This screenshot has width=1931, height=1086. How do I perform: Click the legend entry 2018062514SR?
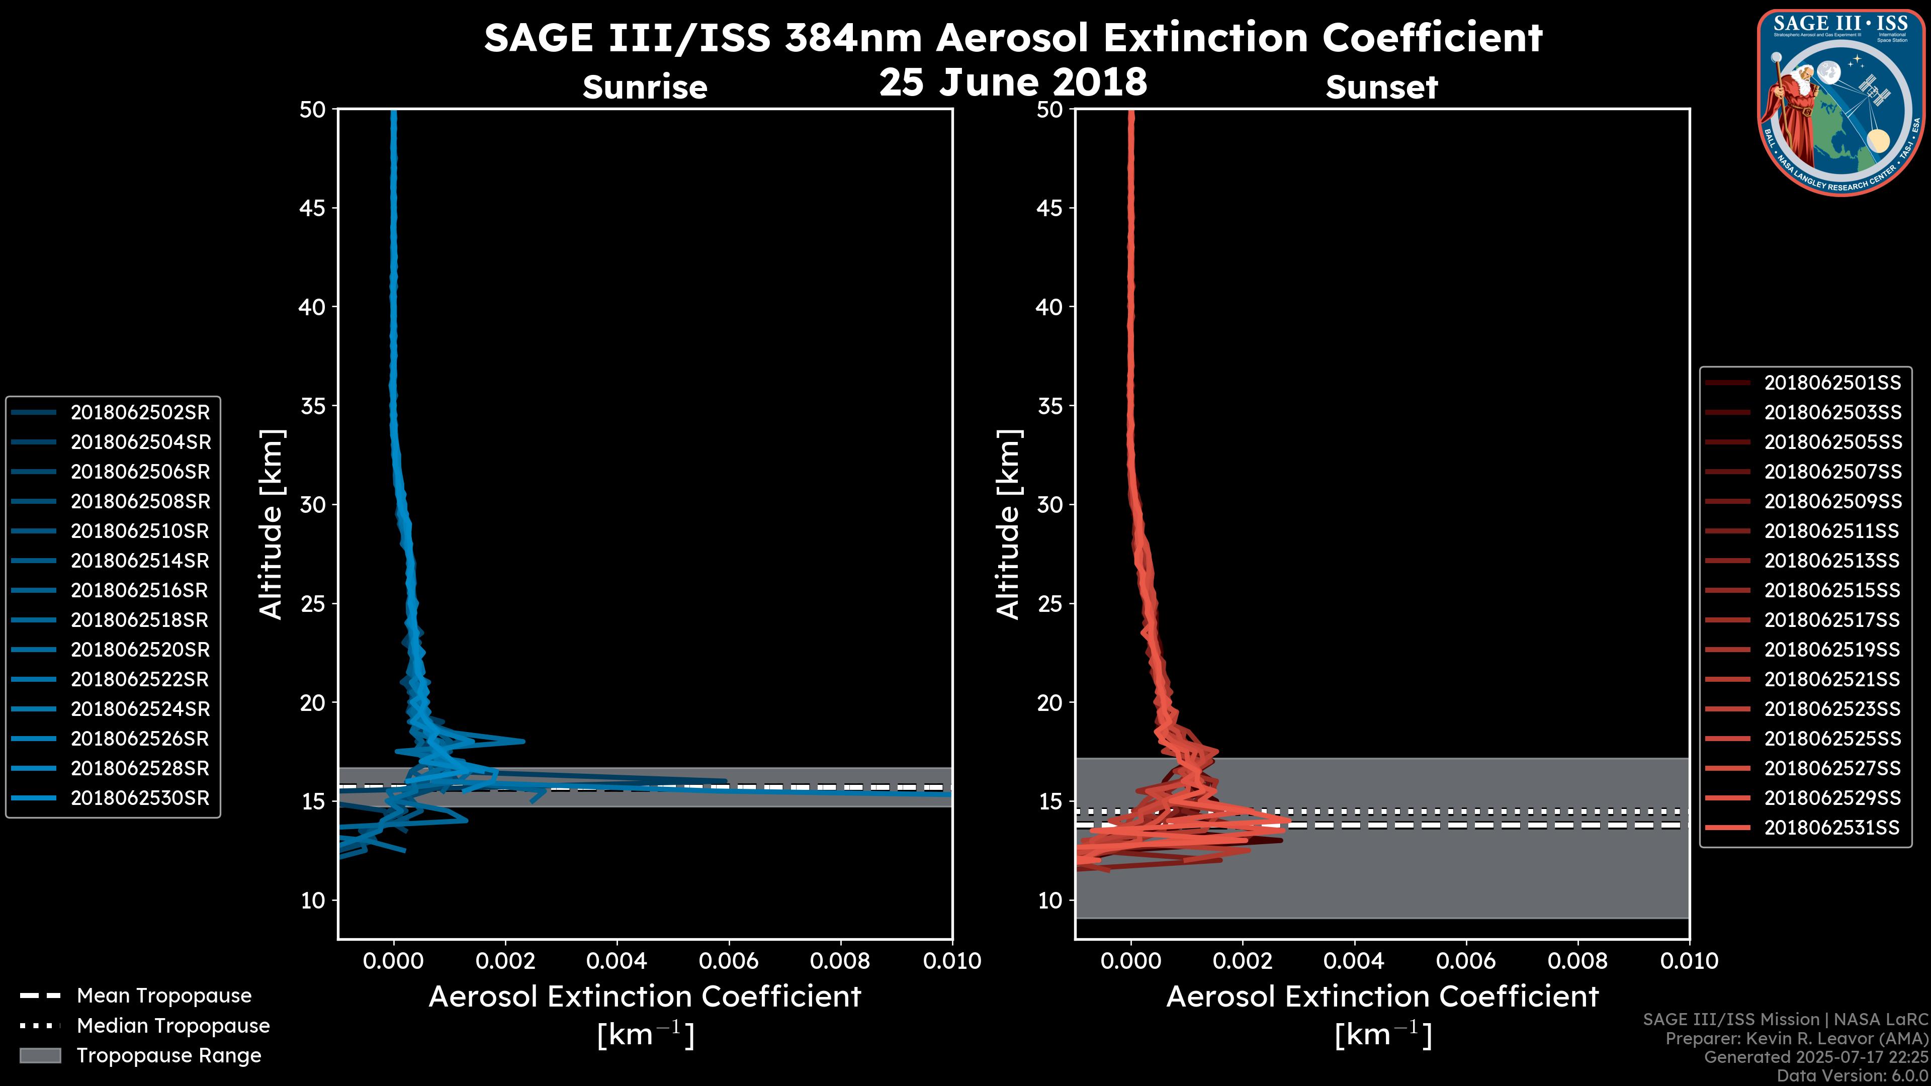tap(139, 561)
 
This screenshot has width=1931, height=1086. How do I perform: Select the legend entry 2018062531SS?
tap(1831, 828)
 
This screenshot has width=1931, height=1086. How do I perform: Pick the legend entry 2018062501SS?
tap(1832, 383)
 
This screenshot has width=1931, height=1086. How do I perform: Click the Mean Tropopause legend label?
tap(163, 995)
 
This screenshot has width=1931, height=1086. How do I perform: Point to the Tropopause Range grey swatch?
tap(40, 1055)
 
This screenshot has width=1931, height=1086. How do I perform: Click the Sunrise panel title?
tap(645, 87)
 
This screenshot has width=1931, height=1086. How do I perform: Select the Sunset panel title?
tap(1381, 87)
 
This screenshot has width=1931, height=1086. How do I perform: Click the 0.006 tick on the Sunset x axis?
tap(1466, 961)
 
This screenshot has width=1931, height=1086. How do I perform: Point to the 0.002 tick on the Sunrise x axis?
tap(506, 961)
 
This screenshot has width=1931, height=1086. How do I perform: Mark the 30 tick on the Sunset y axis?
tap(1049, 504)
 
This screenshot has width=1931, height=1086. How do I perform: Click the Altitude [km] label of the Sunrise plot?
tap(271, 524)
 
